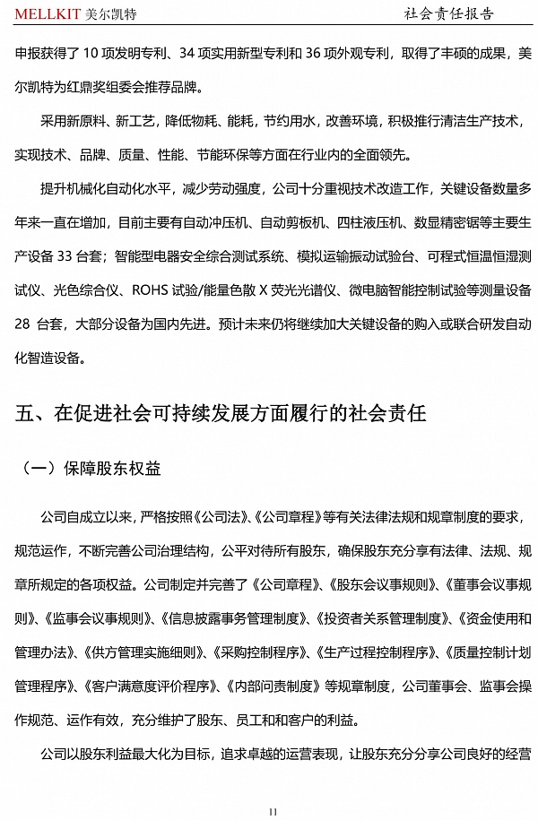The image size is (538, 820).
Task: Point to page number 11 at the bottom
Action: pos(273,811)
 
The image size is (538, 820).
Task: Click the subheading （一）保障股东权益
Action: pos(89,468)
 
